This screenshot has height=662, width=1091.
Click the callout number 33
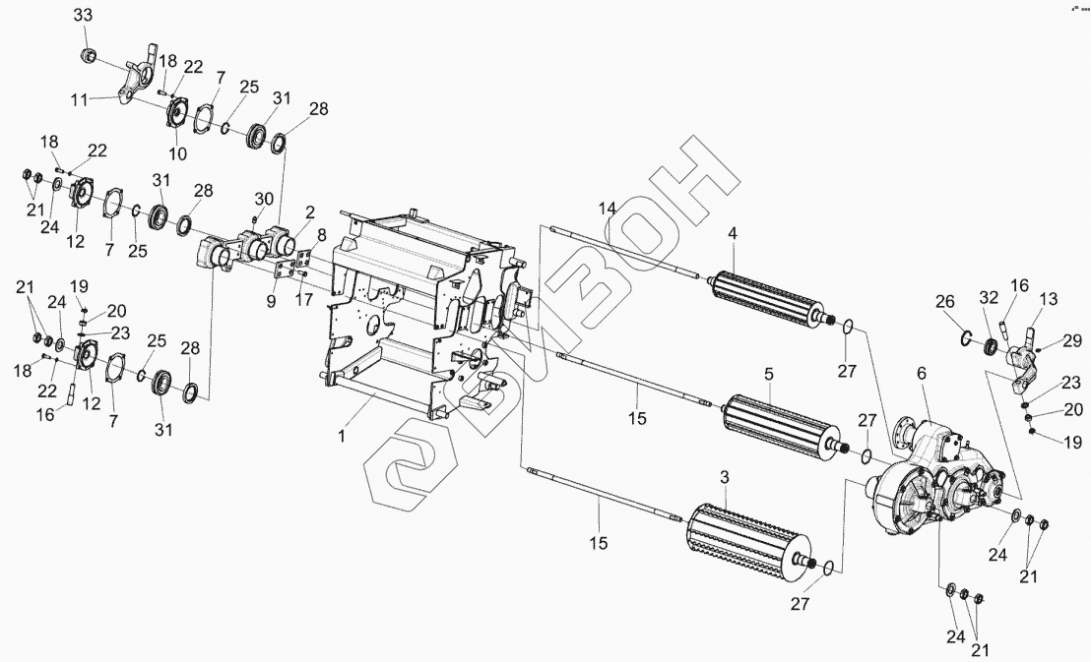coord(84,16)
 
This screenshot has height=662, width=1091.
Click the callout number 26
coord(944,301)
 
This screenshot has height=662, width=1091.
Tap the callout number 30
coord(265,198)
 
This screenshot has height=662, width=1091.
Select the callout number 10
coord(177,153)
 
